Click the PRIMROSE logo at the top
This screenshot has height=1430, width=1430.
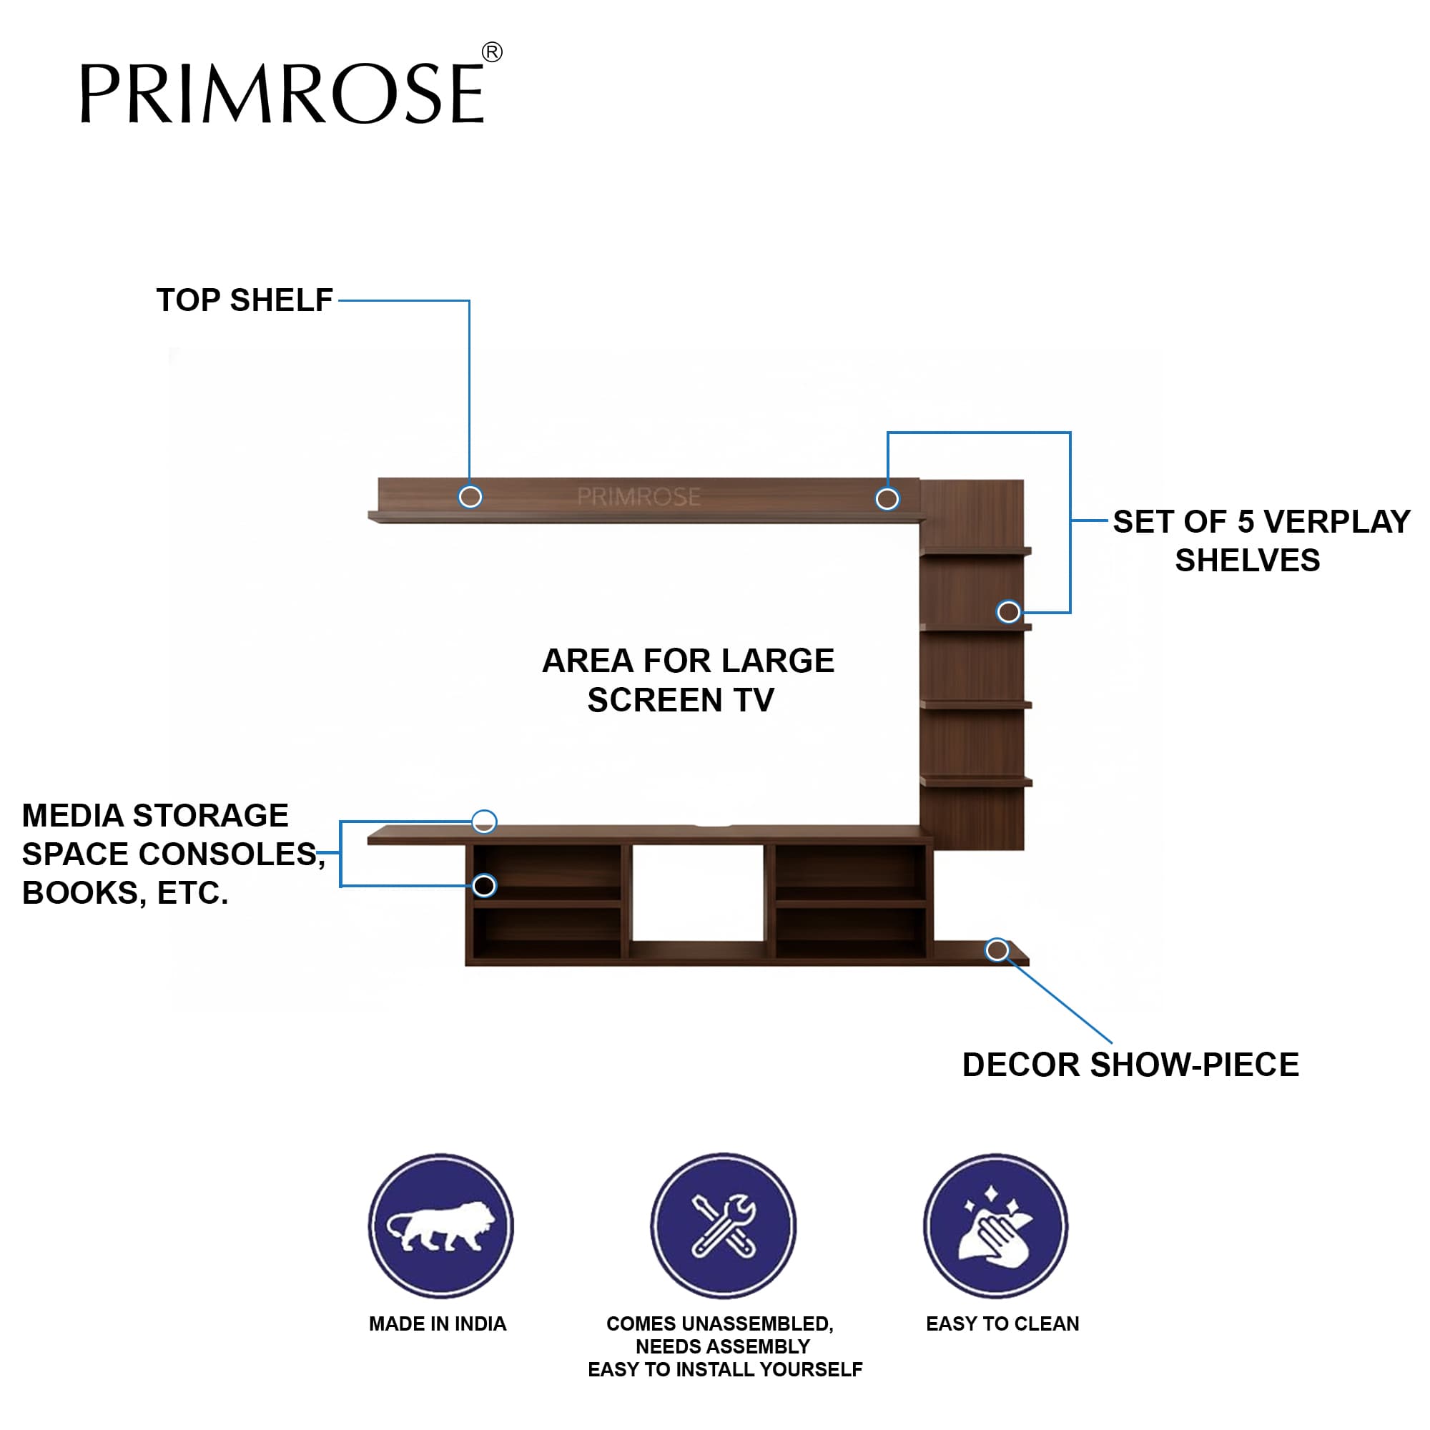point(281,93)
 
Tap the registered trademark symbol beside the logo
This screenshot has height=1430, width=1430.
point(492,52)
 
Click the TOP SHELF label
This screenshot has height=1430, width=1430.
point(245,300)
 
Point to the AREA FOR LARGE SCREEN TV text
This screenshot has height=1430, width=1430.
point(688,680)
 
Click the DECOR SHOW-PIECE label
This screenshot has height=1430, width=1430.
point(1130,1065)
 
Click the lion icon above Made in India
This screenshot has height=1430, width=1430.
point(441,1226)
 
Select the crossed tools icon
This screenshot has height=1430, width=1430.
point(723,1226)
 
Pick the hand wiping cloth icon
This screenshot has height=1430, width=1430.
point(995,1226)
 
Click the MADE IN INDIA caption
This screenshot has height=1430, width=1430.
point(438,1323)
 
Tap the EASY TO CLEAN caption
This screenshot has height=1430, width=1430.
point(1002,1323)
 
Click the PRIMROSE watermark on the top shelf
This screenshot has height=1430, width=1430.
point(638,497)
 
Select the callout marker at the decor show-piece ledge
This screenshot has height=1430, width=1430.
point(997,950)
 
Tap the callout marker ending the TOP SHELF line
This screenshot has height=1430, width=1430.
point(470,497)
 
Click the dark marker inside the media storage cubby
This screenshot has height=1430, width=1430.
point(484,885)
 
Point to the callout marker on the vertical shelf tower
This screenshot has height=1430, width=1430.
point(1008,611)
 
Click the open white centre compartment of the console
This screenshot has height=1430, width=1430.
point(697,892)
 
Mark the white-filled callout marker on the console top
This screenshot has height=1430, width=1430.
point(484,821)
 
